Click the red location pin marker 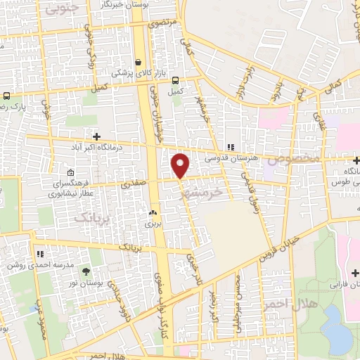[x=181, y=165]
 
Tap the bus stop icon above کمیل [x=174, y=80]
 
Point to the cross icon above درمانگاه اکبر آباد [x=97, y=136]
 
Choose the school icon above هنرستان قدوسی [x=230, y=147]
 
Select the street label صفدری [x=134, y=185]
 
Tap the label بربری [x=153, y=224]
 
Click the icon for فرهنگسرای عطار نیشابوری [x=70, y=172]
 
